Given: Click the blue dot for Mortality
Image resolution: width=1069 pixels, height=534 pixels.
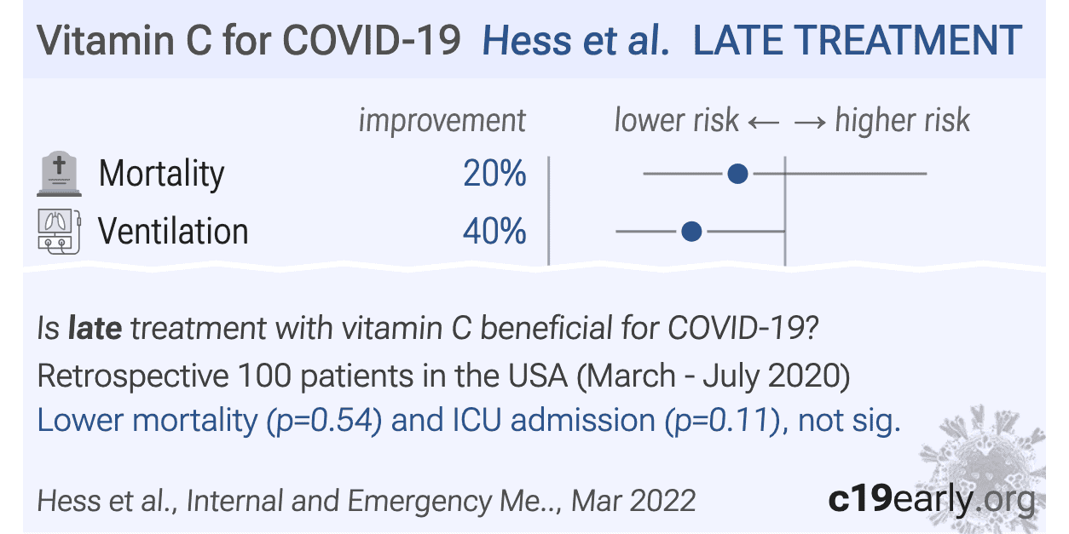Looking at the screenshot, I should (738, 174).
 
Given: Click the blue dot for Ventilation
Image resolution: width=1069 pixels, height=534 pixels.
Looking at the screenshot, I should (691, 231).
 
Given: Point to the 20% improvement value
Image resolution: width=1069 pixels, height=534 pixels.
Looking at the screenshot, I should (494, 174).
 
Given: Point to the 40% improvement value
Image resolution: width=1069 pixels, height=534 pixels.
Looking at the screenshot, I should (494, 231).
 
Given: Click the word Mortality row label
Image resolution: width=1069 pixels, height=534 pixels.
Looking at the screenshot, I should (161, 174).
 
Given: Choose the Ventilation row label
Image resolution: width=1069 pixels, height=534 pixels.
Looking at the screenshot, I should (173, 231).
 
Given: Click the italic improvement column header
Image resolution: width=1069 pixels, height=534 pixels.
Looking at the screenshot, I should (442, 120).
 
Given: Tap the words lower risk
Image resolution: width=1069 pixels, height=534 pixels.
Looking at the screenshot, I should (676, 120).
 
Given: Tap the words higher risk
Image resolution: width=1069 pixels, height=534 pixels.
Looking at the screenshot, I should (902, 120).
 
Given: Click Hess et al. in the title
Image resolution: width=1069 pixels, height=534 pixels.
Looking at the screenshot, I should (576, 41).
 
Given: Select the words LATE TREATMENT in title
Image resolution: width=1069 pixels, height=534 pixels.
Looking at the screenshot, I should (857, 41).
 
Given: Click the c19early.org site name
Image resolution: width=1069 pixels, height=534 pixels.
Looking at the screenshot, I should (931, 500).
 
